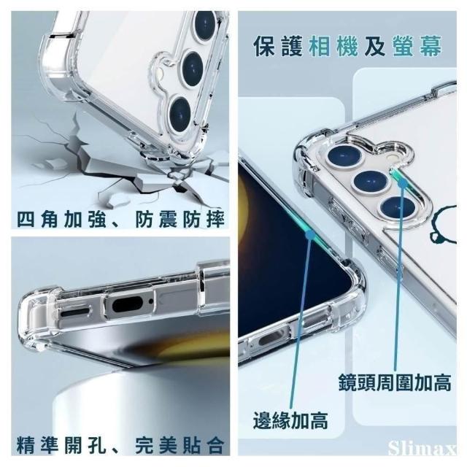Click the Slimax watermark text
(x=422, y=447)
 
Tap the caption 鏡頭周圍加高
(x=395, y=382)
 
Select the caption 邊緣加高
(x=290, y=420)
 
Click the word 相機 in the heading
(x=333, y=46)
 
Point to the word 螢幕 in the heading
(x=417, y=46)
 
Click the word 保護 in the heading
(x=278, y=46)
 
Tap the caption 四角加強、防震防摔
(x=120, y=219)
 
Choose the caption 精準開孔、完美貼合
(x=120, y=445)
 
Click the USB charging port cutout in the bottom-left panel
(x=128, y=304)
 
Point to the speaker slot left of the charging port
(x=75, y=312)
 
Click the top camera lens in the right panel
(x=344, y=156)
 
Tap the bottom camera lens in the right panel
(x=398, y=207)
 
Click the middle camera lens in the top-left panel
(x=193, y=69)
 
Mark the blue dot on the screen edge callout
(x=310, y=234)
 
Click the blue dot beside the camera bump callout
(x=403, y=182)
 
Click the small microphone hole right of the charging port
(x=151, y=301)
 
